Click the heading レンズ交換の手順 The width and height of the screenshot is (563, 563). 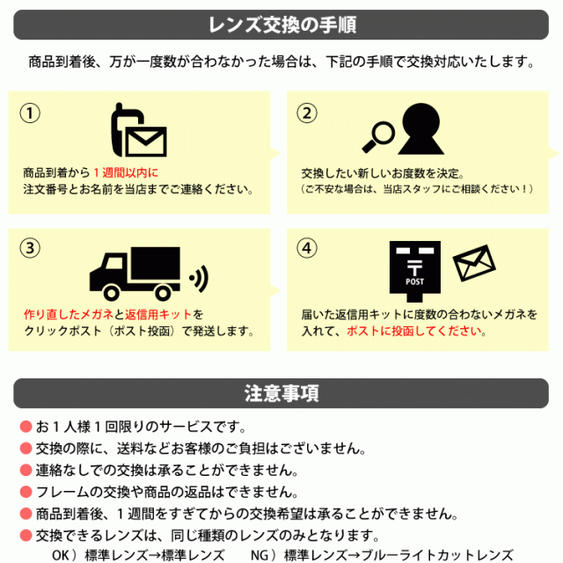point(281,25)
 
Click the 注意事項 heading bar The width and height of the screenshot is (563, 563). point(281,392)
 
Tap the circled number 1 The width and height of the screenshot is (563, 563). point(31,113)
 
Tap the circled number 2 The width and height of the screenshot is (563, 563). point(306,113)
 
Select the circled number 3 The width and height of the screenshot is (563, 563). point(31,248)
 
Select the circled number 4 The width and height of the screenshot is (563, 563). point(306,248)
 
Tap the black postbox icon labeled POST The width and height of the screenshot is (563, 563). point(414,267)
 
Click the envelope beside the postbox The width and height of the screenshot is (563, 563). point(475,262)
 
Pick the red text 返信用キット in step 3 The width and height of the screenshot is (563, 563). point(159,314)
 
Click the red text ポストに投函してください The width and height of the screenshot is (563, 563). point(414,331)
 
